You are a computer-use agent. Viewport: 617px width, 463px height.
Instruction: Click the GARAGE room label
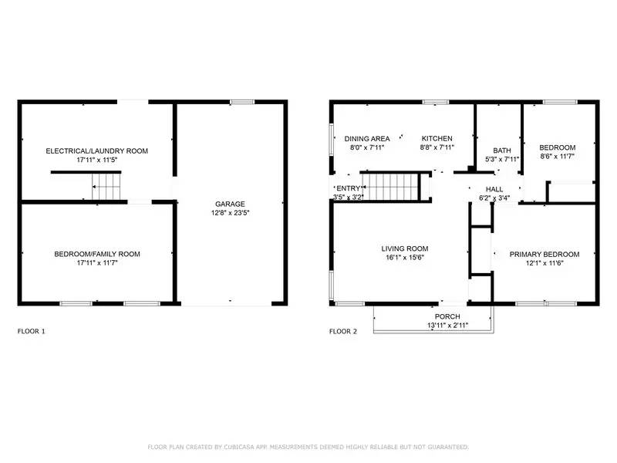[x=230, y=204]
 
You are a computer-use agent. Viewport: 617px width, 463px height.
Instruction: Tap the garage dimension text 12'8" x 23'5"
[x=230, y=215]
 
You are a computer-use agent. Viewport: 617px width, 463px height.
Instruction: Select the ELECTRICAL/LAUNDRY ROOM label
[x=96, y=150]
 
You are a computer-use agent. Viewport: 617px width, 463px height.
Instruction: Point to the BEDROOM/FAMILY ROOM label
[x=96, y=254]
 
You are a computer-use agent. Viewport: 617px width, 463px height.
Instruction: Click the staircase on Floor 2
[x=390, y=186]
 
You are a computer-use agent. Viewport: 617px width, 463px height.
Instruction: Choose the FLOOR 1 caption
[x=32, y=331]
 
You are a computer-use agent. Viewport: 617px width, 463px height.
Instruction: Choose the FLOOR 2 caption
[x=343, y=331]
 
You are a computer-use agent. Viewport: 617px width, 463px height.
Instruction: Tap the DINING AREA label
[x=366, y=137]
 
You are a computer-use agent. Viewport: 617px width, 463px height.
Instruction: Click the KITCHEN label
[x=437, y=137]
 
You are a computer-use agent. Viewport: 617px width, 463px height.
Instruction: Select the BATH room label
[x=501, y=150]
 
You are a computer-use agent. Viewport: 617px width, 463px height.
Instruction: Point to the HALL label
[x=494, y=189]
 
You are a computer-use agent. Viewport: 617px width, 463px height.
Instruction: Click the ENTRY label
[x=348, y=188]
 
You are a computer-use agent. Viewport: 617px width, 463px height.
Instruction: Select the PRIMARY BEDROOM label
[x=544, y=254]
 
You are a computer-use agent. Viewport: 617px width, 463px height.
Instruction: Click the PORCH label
[x=447, y=316]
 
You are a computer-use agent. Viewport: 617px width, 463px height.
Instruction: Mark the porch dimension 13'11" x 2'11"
[x=447, y=326]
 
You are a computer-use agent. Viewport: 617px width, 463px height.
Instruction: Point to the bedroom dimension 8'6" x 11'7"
[x=557, y=157]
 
